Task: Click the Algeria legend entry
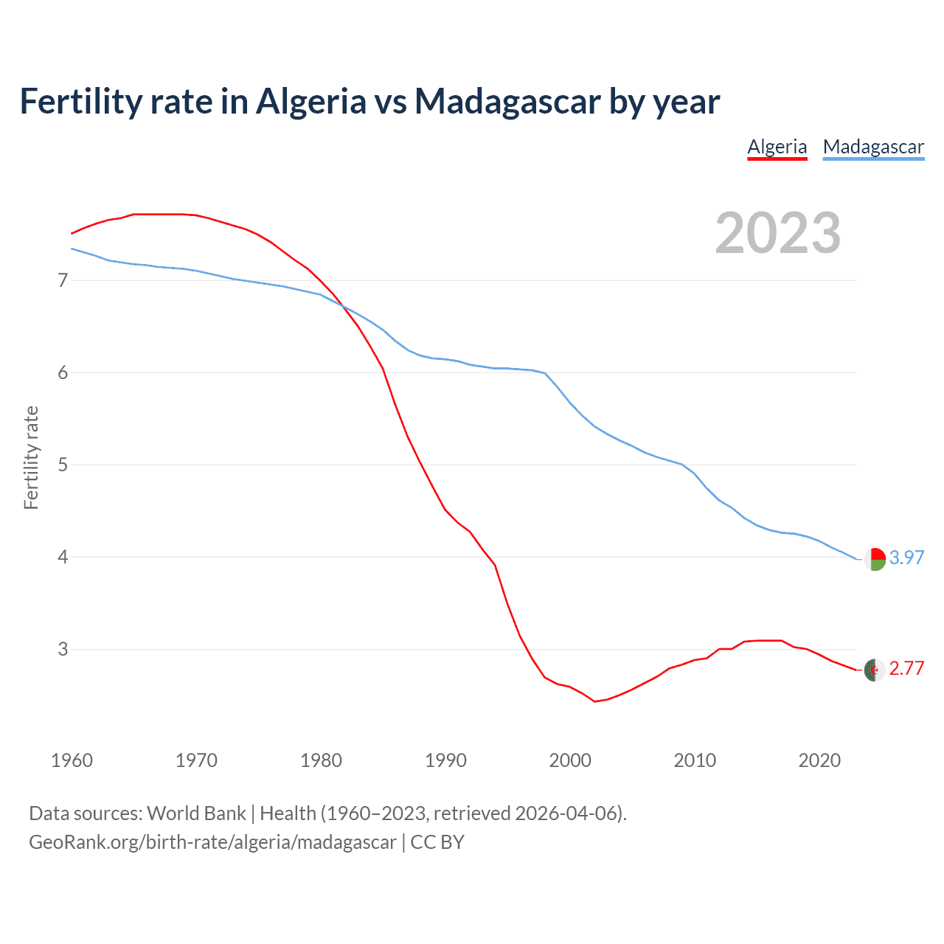click(777, 147)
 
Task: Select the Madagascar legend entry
click(873, 147)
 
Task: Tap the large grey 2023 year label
click(778, 233)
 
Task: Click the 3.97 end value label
click(906, 558)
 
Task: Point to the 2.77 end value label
click(906, 668)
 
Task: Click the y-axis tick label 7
click(63, 280)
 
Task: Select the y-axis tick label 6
click(63, 372)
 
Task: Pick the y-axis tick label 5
click(63, 465)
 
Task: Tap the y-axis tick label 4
click(63, 557)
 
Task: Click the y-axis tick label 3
click(63, 649)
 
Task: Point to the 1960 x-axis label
click(72, 760)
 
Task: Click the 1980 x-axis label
click(321, 760)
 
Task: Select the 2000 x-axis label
click(570, 760)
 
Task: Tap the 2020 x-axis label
click(819, 760)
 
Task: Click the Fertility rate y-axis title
click(31, 457)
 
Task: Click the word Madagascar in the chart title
click(507, 101)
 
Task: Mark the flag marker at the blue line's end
click(875, 559)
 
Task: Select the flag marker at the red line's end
click(875, 670)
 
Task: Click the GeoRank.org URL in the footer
click(212, 842)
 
